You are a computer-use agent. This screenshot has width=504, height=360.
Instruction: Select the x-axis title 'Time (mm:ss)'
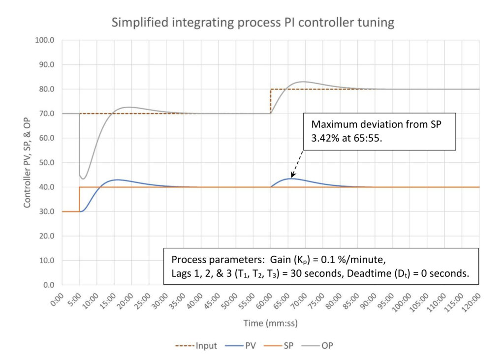point(270,323)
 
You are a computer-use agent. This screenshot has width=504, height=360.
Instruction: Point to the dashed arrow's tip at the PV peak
point(291,177)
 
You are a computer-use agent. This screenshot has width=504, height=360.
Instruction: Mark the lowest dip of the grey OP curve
point(83,179)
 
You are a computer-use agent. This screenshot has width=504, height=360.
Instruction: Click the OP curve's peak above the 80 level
point(303,82)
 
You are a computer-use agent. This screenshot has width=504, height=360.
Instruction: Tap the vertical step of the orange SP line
point(79,199)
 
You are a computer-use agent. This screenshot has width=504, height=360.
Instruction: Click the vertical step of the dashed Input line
point(271,101)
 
